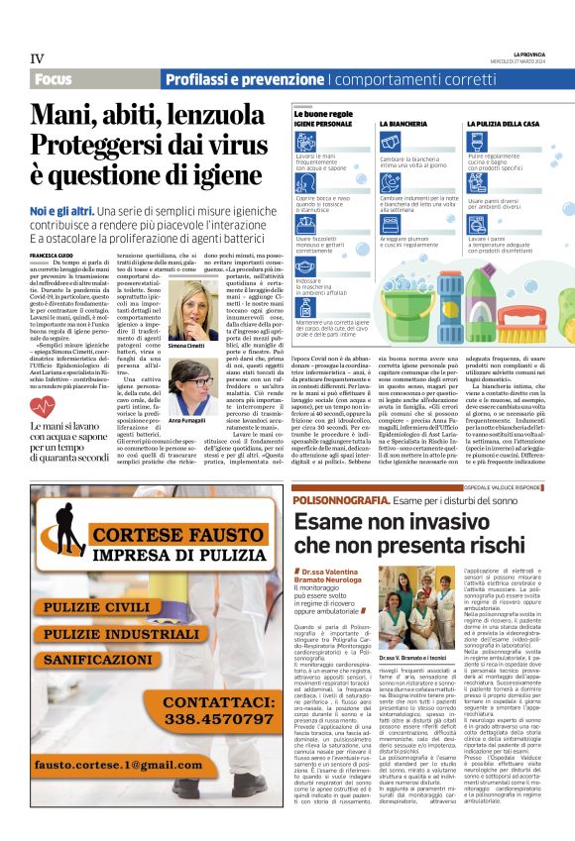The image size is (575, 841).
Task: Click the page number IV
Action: tap(37, 58)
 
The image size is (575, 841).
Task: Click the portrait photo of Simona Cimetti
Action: tap(193, 309)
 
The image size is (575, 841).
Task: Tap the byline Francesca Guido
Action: tap(51, 256)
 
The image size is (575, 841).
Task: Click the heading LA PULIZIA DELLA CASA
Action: tap(503, 124)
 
